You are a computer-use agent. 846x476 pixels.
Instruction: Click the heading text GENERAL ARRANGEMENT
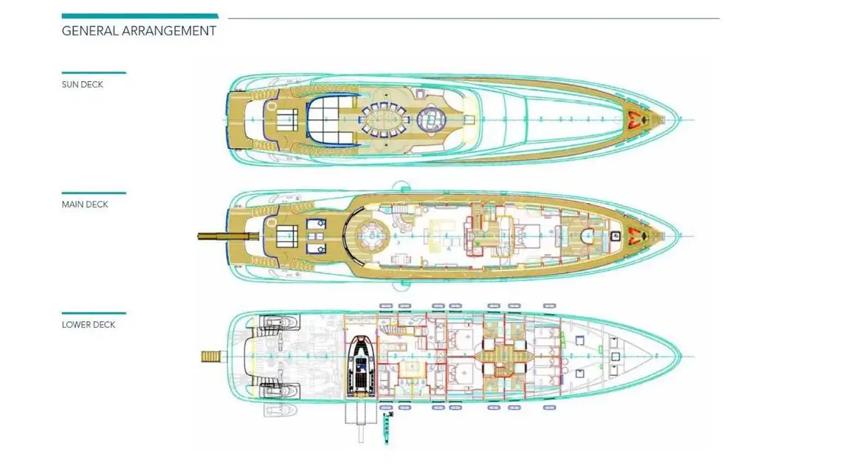[139, 31]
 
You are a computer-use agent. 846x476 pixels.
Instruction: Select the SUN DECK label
[82, 85]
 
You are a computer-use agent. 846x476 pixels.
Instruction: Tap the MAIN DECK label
[85, 205]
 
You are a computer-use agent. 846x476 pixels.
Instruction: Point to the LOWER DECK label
[88, 325]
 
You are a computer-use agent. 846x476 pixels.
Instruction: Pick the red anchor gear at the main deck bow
[638, 236]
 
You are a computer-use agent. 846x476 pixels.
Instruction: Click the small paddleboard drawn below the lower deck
[385, 428]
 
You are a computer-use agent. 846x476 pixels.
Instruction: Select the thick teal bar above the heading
[140, 16]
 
